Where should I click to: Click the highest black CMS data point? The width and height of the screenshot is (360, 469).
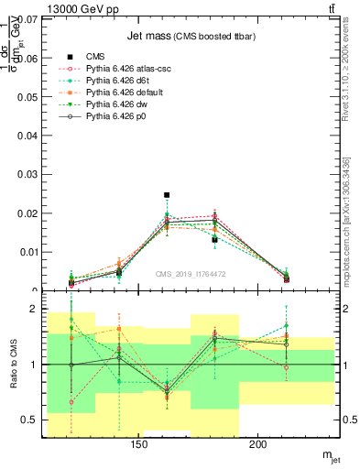pyautogui.click(x=167, y=195)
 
